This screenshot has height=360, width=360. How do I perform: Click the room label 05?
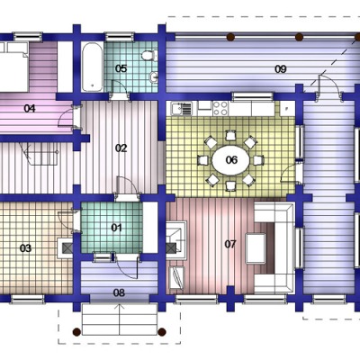coord(121,68)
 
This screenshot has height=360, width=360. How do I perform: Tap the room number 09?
coord(281,69)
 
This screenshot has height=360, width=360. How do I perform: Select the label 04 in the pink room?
coord(30,108)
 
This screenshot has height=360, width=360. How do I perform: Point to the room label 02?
coord(121,148)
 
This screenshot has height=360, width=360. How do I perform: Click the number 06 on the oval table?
coord(231,160)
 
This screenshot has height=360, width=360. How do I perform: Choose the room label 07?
coord(230,244)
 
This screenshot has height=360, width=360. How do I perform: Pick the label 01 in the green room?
coord(116,228)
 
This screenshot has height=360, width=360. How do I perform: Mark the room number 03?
coord(25,248)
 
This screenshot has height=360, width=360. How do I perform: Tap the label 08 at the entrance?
coord(119,292)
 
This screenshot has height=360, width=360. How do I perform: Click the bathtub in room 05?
coord(93,67)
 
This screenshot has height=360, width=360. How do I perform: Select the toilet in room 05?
coord(149,56)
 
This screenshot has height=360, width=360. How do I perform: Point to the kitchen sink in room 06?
coord(182,109)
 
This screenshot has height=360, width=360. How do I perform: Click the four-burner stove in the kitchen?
coord(220,108)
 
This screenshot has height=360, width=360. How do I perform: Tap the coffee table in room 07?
coord(256,248)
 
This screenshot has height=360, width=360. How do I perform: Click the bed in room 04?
coord(14,67)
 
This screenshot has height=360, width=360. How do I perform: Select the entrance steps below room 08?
coord(120,319)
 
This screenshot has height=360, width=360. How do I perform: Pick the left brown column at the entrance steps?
coord(76,332)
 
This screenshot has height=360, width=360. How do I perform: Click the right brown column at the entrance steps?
coord(162,332)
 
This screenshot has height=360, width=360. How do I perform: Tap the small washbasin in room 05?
coord(154,77)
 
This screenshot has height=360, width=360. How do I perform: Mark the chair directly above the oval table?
coord(230,135)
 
